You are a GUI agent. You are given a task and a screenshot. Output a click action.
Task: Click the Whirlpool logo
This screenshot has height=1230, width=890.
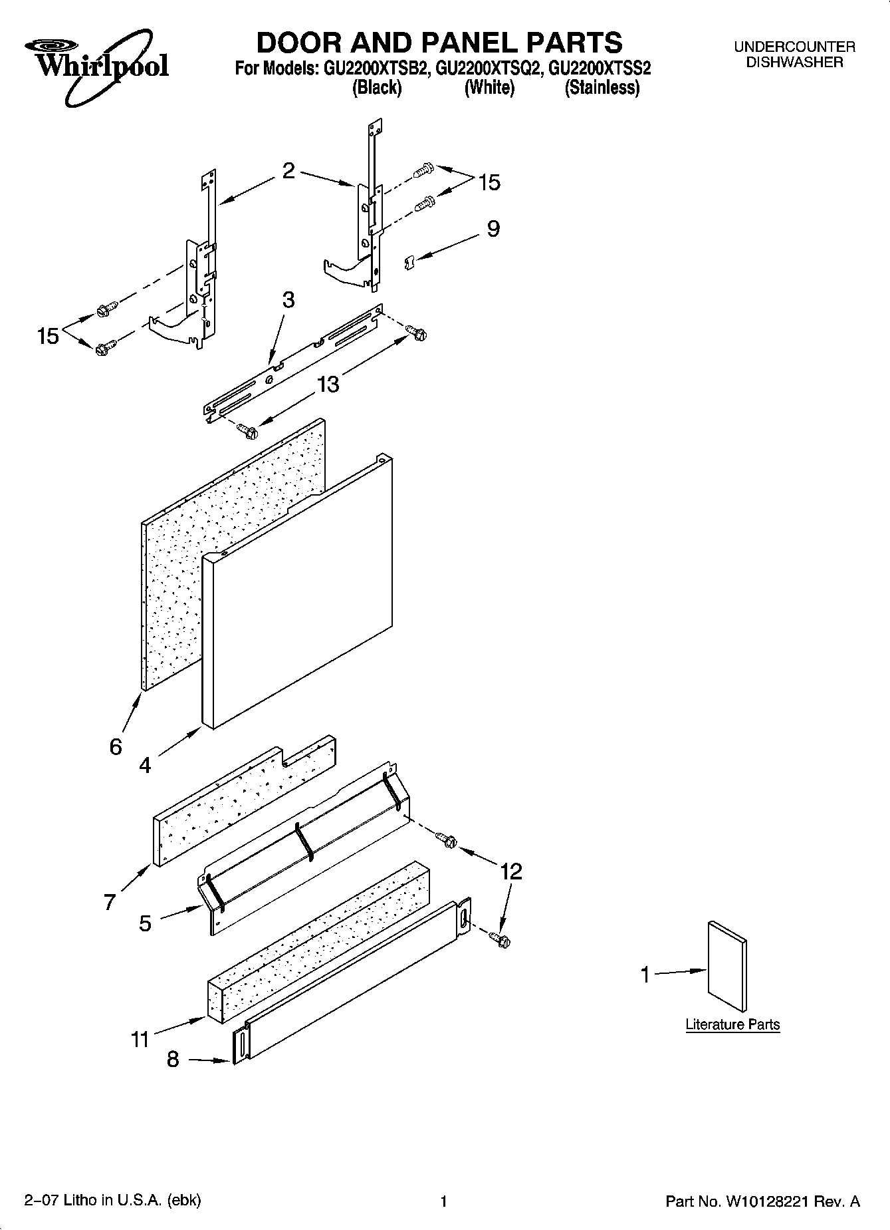tap(96, 63)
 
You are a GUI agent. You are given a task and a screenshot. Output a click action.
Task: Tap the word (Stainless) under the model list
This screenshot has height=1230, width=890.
tap(602, 88)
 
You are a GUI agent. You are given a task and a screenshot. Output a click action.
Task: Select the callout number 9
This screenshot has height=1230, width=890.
tap(493, 229)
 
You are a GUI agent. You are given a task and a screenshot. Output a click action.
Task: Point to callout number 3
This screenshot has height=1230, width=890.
tap(288, 299)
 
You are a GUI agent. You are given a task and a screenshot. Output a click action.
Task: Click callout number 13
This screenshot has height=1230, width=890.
tap(328, 384)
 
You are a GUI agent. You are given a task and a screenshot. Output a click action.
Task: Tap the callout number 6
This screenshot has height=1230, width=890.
tap(116, 746)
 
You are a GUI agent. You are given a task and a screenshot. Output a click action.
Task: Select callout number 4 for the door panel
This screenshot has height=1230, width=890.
tap(145, 766)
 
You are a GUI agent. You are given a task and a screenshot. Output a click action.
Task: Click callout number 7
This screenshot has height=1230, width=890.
tap(110, 902)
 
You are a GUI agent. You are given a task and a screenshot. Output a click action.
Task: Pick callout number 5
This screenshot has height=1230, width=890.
tap(145, 923)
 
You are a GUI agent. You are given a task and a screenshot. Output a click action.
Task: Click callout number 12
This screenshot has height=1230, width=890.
tap(511, 871)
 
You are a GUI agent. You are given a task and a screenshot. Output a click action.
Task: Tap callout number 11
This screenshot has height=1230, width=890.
tap(140, 1038)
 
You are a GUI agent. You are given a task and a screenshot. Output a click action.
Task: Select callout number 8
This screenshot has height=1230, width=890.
tap(173, 1059)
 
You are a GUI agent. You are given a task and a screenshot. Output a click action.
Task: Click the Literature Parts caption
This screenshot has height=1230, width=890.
tap(732, 1024)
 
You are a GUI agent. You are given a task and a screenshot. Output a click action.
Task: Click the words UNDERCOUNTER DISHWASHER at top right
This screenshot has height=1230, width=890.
tap(794, 55)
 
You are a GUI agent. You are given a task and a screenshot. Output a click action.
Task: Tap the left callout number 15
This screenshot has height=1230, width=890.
tap(48, 337)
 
